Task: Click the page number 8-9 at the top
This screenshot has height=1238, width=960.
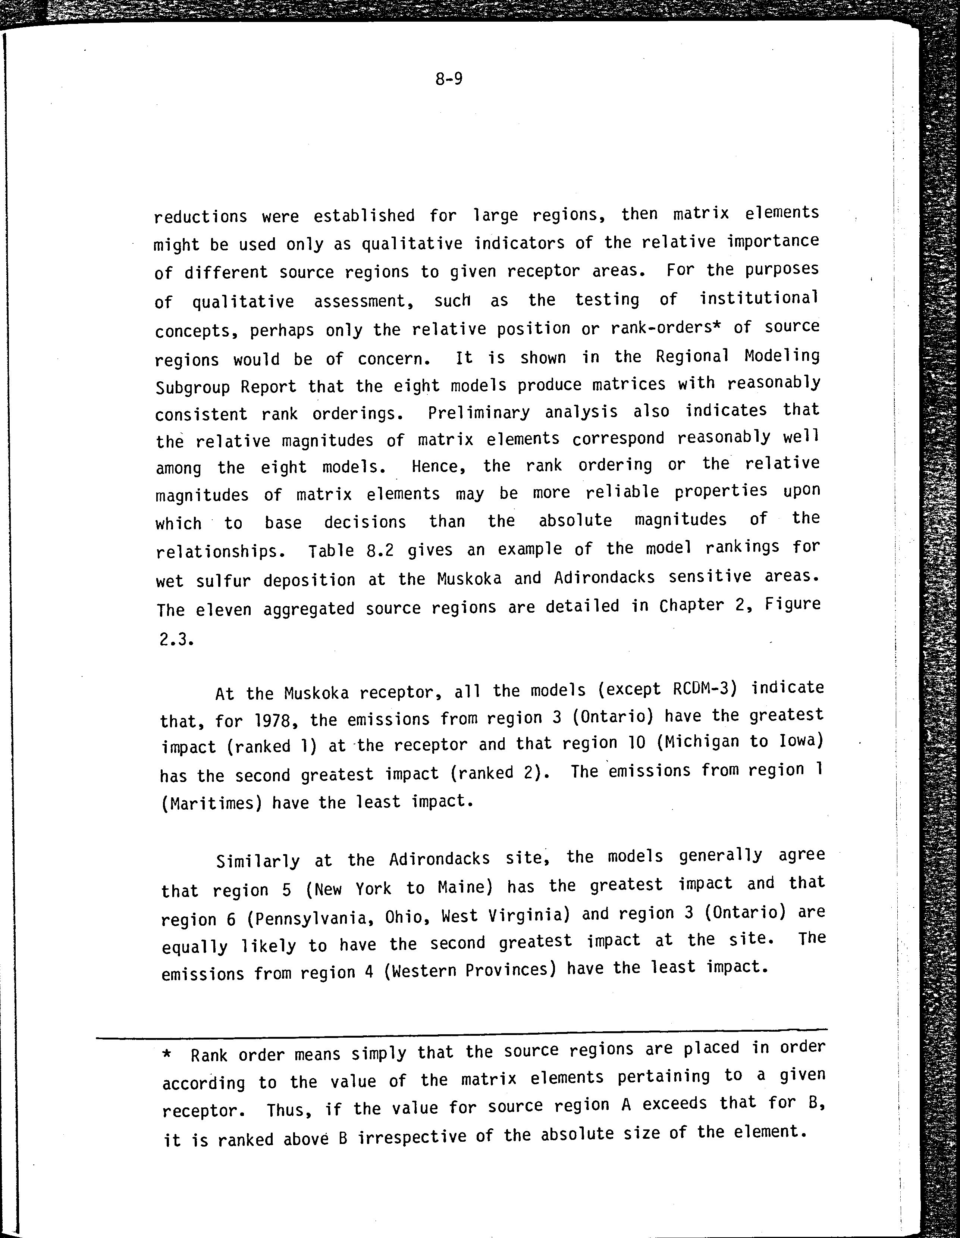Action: click(x=449, y=79)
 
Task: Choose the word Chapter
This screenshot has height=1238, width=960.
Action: click(x=691, y=606)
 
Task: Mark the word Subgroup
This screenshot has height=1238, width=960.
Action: click(x=191, y=387)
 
